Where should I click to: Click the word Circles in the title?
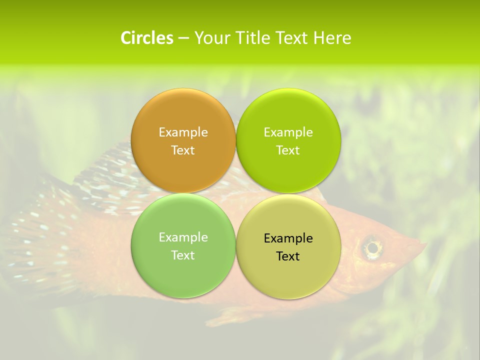146,38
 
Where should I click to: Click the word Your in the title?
212,38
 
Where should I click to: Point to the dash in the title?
183,38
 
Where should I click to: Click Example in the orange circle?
183,132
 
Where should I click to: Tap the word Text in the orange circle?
183,150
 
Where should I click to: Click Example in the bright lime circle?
288,132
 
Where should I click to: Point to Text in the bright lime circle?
288,150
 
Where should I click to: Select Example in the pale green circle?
183,237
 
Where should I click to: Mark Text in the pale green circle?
183,255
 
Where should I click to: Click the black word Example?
288,238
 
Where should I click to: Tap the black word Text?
288,256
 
